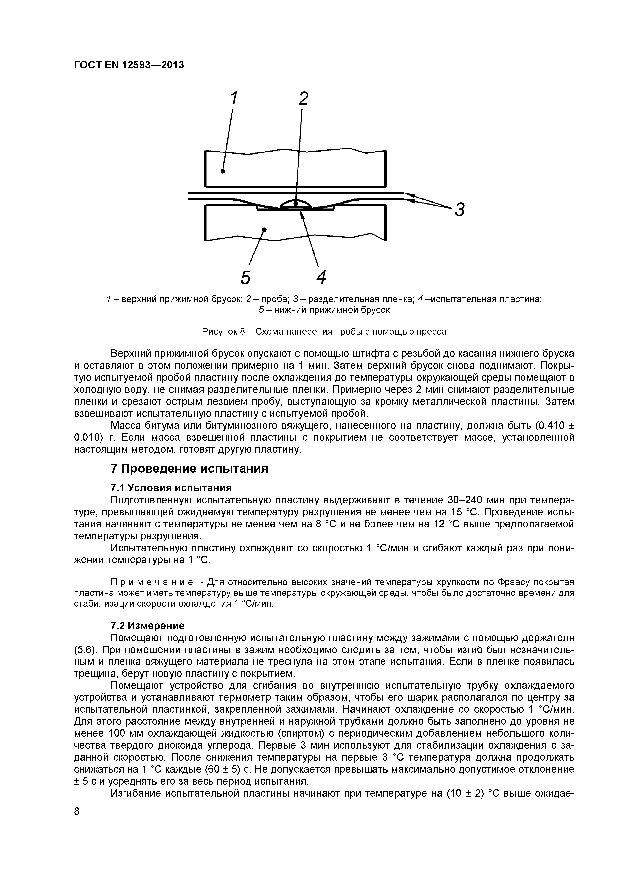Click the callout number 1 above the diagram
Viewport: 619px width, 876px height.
(x=233, y=98)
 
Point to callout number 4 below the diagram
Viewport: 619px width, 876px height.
(x=321, y=277)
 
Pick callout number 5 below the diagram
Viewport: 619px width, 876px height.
(x=246, y=277)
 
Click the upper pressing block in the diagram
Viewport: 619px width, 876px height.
(x=295, y=170)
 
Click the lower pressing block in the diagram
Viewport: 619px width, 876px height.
(x=295, y=225)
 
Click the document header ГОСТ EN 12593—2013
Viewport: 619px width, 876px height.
(x=128, y=65)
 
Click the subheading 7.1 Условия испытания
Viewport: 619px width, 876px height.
(x=171, y=488)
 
